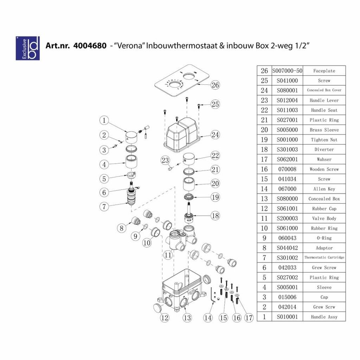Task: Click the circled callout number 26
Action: [215, 85]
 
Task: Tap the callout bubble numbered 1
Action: [104, 120]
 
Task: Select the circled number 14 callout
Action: [207, 318]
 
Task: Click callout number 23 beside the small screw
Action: [165, 160]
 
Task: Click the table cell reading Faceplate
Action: [324, 71]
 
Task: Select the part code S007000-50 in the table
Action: [287, 71]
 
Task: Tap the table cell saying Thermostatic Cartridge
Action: [324, 258]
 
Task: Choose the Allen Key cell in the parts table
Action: [324, 189]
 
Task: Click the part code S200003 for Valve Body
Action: [287, 218]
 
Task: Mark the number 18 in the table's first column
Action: [264, 150]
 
